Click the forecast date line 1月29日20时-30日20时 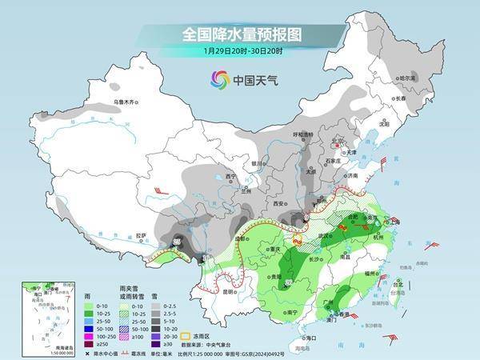coord(240,51)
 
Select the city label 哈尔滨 coord(409,78)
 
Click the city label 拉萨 coord(141,235)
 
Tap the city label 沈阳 coord(385,124)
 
